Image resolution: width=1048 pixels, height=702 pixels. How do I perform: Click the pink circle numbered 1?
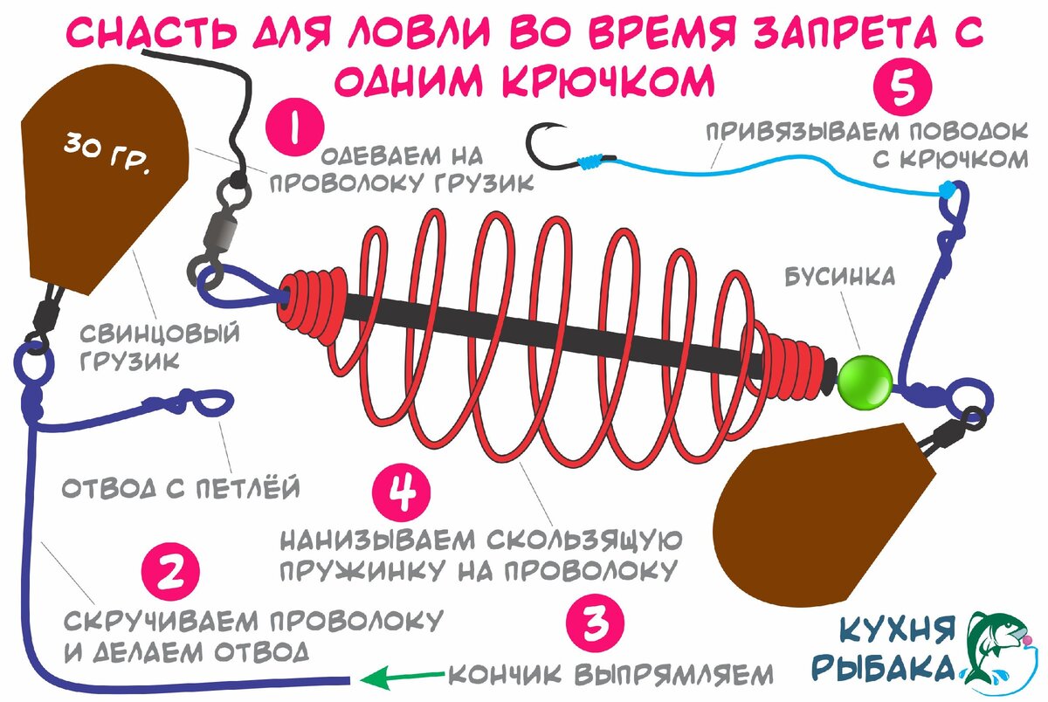point(295,127)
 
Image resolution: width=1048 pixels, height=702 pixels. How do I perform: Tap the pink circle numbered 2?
point(170,572)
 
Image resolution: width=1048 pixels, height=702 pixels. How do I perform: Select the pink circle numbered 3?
point(595,623)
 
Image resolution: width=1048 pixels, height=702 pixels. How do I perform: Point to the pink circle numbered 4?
point(402,492)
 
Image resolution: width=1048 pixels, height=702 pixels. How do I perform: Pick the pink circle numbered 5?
point(903,86)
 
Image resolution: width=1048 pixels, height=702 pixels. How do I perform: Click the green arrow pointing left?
point(403,678)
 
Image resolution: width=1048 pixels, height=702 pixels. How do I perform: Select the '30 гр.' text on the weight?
point(107,152)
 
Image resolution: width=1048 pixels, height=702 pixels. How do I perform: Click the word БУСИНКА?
point(840,277)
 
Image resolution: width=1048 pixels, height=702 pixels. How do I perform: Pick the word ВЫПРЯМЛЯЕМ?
point(673,675)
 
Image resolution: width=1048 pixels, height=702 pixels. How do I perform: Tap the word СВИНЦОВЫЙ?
point(160,334)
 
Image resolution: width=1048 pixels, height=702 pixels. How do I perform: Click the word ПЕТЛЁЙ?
point(248,488)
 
